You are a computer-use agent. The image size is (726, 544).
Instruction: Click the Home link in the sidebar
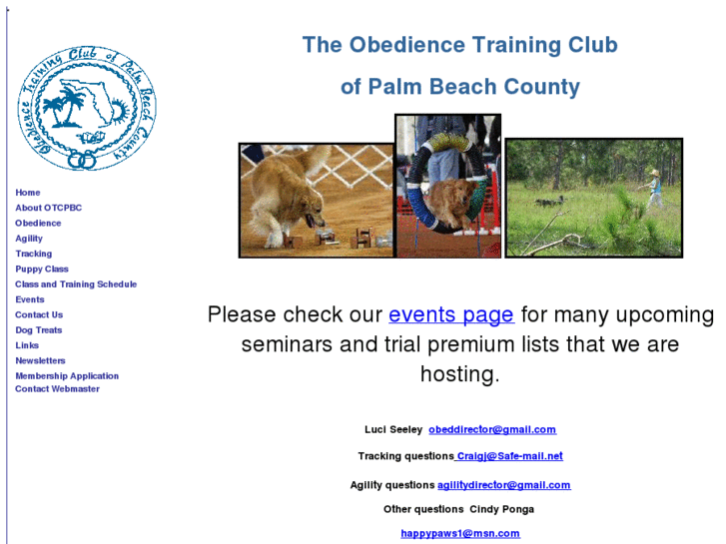coord(28,193)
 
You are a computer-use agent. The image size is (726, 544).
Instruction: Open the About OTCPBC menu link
coord(48,208)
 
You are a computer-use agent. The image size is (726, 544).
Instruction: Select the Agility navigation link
coord(29,239)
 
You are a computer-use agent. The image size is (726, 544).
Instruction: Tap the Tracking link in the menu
coord(33,254)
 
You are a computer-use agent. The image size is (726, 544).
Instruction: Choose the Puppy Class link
coord(42,270)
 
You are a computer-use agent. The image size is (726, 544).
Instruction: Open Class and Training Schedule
coord(76,284)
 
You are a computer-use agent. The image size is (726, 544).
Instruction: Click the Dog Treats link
coord(38,330)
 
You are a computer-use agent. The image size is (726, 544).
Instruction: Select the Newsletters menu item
coord(40,360)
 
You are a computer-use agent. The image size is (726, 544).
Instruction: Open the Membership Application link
coord(67,376)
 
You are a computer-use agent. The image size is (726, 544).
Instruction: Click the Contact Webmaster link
coord(57,389)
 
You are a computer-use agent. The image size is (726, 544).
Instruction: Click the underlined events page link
coord(451,315)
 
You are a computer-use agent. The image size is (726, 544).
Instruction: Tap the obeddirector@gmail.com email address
coord(492,430)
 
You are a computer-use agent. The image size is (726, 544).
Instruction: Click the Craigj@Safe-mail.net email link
coord(509,456)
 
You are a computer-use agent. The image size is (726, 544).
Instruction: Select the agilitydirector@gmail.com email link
coord(503,485)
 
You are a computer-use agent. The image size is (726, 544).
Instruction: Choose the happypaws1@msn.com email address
coord(460,533)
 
